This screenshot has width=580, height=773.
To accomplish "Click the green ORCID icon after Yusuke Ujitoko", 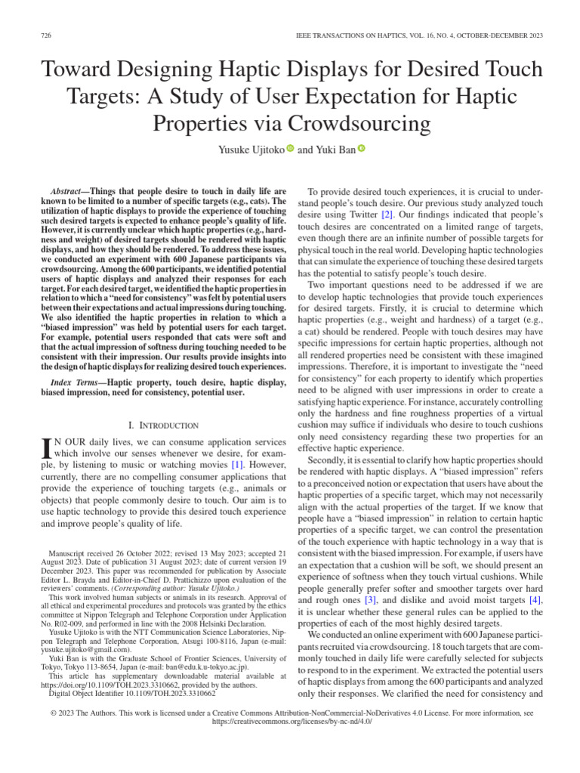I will (x=290, y=149).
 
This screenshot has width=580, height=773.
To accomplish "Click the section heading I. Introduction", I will (x=164, y=426).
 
